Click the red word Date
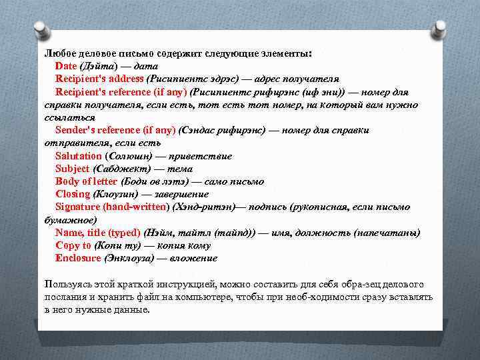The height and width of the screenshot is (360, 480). [x=66, y=65]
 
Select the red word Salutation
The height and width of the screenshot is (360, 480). [x=79, y=156]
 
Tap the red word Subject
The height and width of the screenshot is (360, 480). [x=73, y=169]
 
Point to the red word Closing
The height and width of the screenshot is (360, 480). [x=73, y=194]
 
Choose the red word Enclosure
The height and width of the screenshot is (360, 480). [x=78, y=258]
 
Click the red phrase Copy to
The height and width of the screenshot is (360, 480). [x=73, y=245]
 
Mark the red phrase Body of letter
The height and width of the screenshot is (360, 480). [x=86, y=181]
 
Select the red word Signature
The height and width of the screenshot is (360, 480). [x=78, y=207]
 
